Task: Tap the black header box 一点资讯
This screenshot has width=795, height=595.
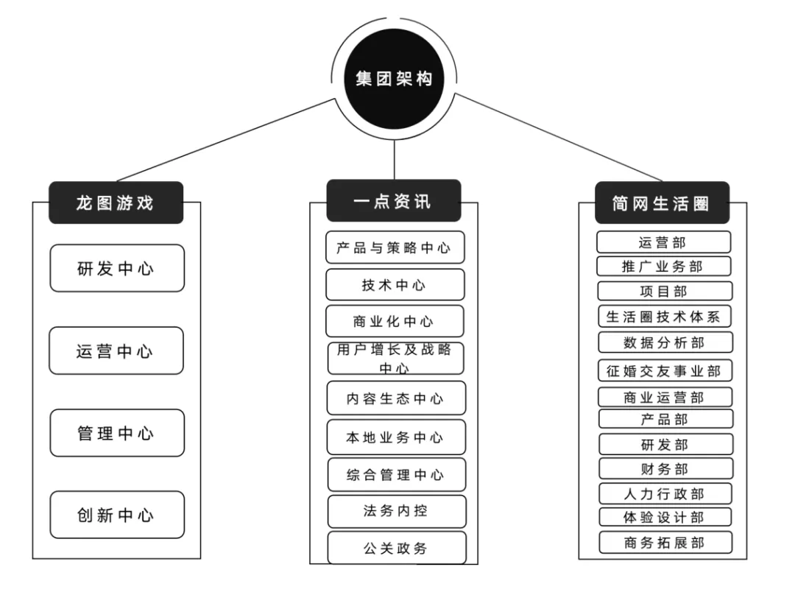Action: click(x=394, y=201)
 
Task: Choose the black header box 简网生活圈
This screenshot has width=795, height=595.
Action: click(x=662, y=203)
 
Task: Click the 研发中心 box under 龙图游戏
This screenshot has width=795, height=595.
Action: click(x=117, y=269)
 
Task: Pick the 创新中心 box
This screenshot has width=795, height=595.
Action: click(x=117, y=515)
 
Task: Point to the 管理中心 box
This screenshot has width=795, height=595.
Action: click(x=117, y=433)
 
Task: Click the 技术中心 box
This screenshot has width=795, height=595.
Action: click(x=395, y=285)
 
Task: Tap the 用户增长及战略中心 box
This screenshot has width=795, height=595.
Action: click(x=395, y=358)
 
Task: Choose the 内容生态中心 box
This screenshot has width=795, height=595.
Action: click(x=395, y=398)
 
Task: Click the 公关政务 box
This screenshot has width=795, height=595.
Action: click(x=396, y=548)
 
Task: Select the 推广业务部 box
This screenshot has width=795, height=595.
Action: click(x=663, y=266)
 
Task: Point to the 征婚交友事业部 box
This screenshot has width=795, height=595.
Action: click(x=664, y=370)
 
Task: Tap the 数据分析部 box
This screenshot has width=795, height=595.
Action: click(x=664, y=342)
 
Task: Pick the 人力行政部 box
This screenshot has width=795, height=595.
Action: click(x=665, y=493)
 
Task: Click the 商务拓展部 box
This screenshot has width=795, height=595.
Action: click(x=665, y=543)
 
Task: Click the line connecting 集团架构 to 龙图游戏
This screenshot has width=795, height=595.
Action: click(x=228, y=140)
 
